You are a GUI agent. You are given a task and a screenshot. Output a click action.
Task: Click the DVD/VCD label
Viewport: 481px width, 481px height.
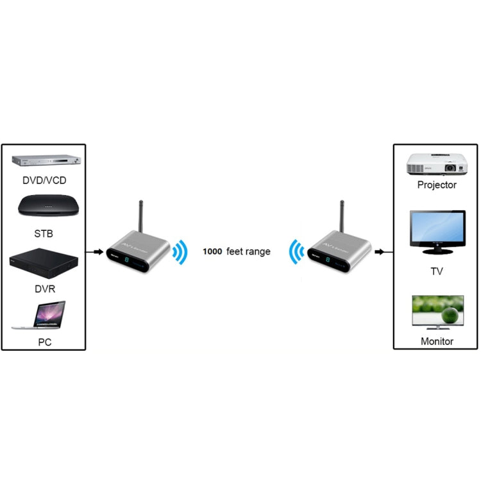tap(44, 181)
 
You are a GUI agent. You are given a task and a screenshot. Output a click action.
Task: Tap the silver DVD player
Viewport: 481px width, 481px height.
tap(45, 163)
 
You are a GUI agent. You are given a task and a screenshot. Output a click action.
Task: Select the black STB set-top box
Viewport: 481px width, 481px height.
tap(44, 207)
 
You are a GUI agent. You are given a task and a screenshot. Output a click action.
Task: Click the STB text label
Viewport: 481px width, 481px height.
tap(44, 234)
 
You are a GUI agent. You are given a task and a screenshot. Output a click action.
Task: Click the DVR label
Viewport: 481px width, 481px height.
tap(44, 289)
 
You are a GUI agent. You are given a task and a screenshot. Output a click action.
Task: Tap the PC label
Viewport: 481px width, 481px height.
tap(44, 342)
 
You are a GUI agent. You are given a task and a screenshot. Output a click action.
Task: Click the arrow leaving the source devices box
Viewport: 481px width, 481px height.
tap(97, 251)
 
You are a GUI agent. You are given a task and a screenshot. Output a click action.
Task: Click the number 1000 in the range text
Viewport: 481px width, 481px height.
tap(212, 252)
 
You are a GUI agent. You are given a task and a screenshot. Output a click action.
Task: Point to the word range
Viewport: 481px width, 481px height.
tap(258, 252)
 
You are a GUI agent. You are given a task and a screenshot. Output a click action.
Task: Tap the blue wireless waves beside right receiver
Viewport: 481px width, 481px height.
tap(296, 252)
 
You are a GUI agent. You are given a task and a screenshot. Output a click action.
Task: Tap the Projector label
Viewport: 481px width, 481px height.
tap(437, 185)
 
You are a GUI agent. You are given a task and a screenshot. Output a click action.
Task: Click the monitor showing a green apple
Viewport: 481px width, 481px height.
tap(437, 312)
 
